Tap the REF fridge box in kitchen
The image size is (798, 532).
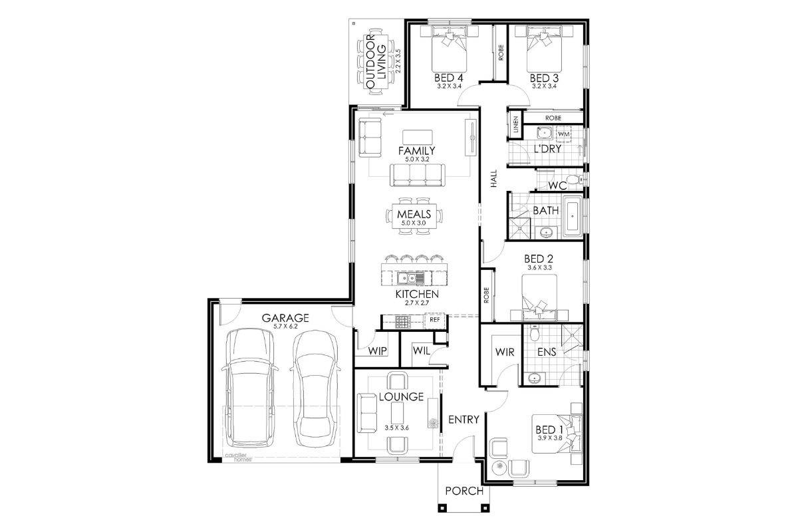(435, 320)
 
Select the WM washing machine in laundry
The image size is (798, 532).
(563, 134)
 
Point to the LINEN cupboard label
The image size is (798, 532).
(516, 124)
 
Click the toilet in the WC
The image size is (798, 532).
(575, 180)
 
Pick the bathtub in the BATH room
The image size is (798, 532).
(573, 216)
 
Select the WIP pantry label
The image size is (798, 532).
(377, 351)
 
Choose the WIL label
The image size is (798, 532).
(422, 350)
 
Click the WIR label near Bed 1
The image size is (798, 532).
(505, 352)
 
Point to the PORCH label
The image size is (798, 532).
(464, 491)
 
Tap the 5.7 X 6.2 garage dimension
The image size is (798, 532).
(285, 327)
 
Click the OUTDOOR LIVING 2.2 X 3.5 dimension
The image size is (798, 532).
(398, 61)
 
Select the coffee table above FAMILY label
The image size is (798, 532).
(418, 137)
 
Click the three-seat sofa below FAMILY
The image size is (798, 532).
(418, 175)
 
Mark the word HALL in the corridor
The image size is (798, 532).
(493, 178)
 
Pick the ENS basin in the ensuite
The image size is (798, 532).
(534, 378)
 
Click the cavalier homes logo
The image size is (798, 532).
(238, 457)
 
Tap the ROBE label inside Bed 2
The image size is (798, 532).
(487, 295)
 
